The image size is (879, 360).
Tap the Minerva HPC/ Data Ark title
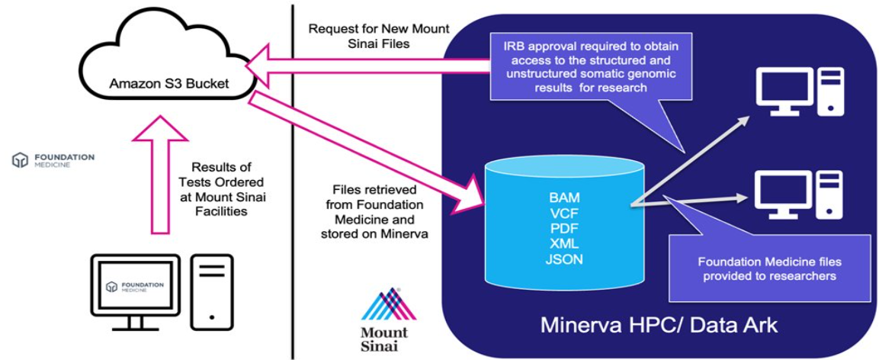(x=659, y=325)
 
